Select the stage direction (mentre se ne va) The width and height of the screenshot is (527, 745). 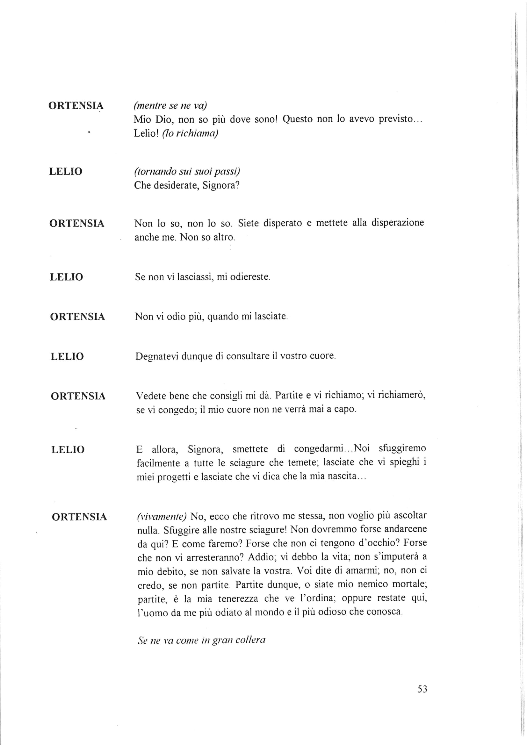point(170,106)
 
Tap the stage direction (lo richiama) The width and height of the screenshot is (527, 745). point(190,134)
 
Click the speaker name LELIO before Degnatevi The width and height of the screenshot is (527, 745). point(67,357)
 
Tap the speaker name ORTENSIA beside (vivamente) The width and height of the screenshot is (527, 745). point(79,517)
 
